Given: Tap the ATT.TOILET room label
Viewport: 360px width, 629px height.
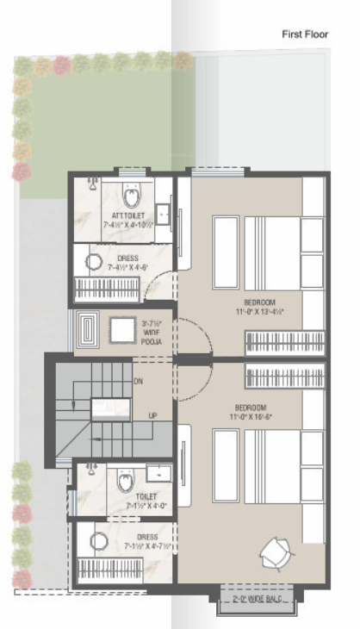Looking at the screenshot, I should point(129,215).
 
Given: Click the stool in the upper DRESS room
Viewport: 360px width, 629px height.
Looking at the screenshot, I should point(94,263).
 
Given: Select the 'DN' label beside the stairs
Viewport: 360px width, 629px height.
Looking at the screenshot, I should point(138,380).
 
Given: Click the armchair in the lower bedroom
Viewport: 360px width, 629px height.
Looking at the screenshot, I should point(276,552).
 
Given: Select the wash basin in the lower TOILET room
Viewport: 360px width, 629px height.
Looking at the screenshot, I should point(157,474).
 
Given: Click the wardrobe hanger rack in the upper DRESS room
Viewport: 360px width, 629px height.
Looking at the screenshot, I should point(107,288).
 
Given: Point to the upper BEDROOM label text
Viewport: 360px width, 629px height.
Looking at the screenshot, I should point(259,302).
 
